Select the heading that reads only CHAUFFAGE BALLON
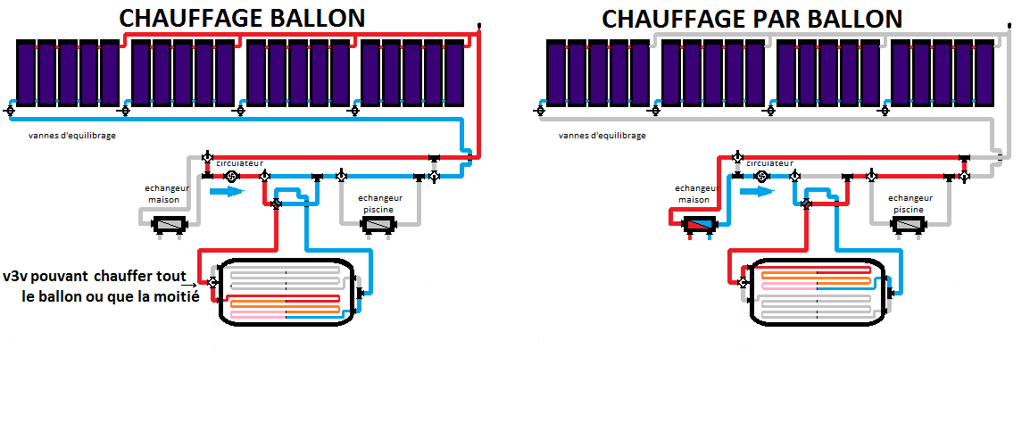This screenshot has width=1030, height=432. pos(241,19)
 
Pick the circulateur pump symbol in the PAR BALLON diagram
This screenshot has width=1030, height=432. pos(762,177)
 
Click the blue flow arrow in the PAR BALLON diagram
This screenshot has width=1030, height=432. pos(754,192)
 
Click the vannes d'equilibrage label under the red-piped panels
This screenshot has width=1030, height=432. pos(72,136)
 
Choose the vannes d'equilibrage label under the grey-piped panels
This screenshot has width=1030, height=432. pos(602,136)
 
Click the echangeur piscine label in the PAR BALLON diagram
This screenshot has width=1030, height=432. pos(908,204)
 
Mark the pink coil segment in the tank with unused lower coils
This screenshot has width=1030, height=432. pos(788,287)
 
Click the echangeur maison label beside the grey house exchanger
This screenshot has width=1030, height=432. pos(163,194)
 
